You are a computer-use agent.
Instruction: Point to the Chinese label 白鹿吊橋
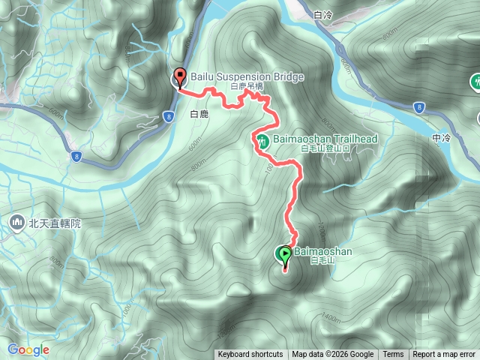coord(247,87)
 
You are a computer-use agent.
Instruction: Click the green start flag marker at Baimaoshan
coord(285,256)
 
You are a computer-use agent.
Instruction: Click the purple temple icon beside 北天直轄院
coord(17,222)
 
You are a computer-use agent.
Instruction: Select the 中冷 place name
coord(442,138)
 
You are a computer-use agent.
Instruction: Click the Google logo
coord(28,349)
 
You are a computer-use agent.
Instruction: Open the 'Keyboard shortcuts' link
coord(250,355)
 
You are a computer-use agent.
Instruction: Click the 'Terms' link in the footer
coord(393,355)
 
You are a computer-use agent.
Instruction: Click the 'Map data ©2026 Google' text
coord(333,355)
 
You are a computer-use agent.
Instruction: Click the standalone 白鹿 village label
coord(198,115)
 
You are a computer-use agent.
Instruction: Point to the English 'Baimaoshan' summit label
coord(323,252)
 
